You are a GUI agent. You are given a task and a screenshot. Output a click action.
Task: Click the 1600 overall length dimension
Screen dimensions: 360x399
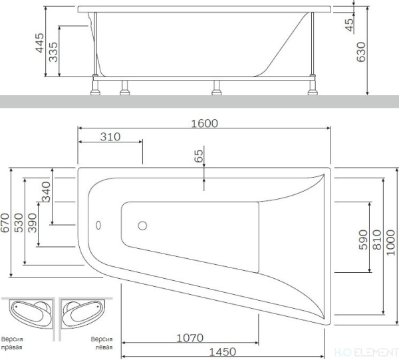(x=205, y=122)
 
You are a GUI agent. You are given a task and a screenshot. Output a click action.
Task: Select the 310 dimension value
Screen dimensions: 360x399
(x=110, y=137)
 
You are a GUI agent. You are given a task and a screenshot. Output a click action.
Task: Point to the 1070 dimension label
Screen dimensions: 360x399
(x=190, y=337)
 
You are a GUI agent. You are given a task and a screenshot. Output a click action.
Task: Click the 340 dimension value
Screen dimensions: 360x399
(x=46, y=192)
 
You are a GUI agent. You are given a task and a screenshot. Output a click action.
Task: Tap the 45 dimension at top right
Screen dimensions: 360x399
(x=350, y=25)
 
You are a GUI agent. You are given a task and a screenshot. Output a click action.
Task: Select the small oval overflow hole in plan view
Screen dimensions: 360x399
(x=99, y=225)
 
